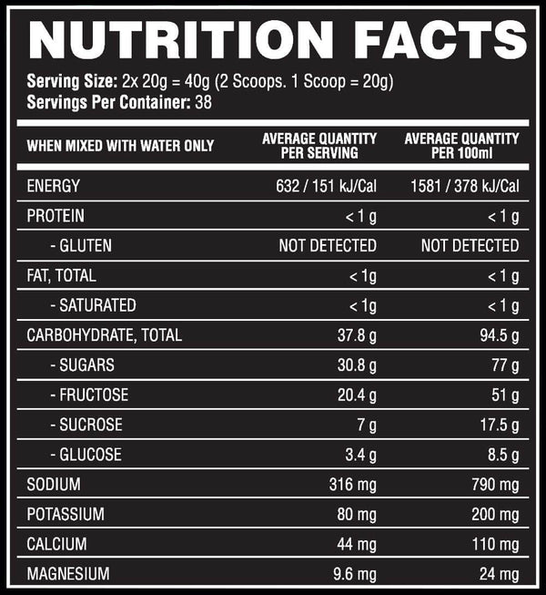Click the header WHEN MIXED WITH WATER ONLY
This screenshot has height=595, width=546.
[120, 146]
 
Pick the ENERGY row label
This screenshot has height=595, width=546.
[54, 187]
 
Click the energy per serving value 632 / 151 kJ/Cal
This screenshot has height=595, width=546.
[326, 187]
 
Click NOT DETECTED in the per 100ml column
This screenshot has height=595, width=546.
[470, 246]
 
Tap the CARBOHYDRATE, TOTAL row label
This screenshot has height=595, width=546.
[105, 335]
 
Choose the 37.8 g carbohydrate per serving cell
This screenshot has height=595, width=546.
[357, 335]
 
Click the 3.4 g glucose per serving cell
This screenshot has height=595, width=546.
[360, 455]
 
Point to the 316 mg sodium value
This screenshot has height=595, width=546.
[352, 485]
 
